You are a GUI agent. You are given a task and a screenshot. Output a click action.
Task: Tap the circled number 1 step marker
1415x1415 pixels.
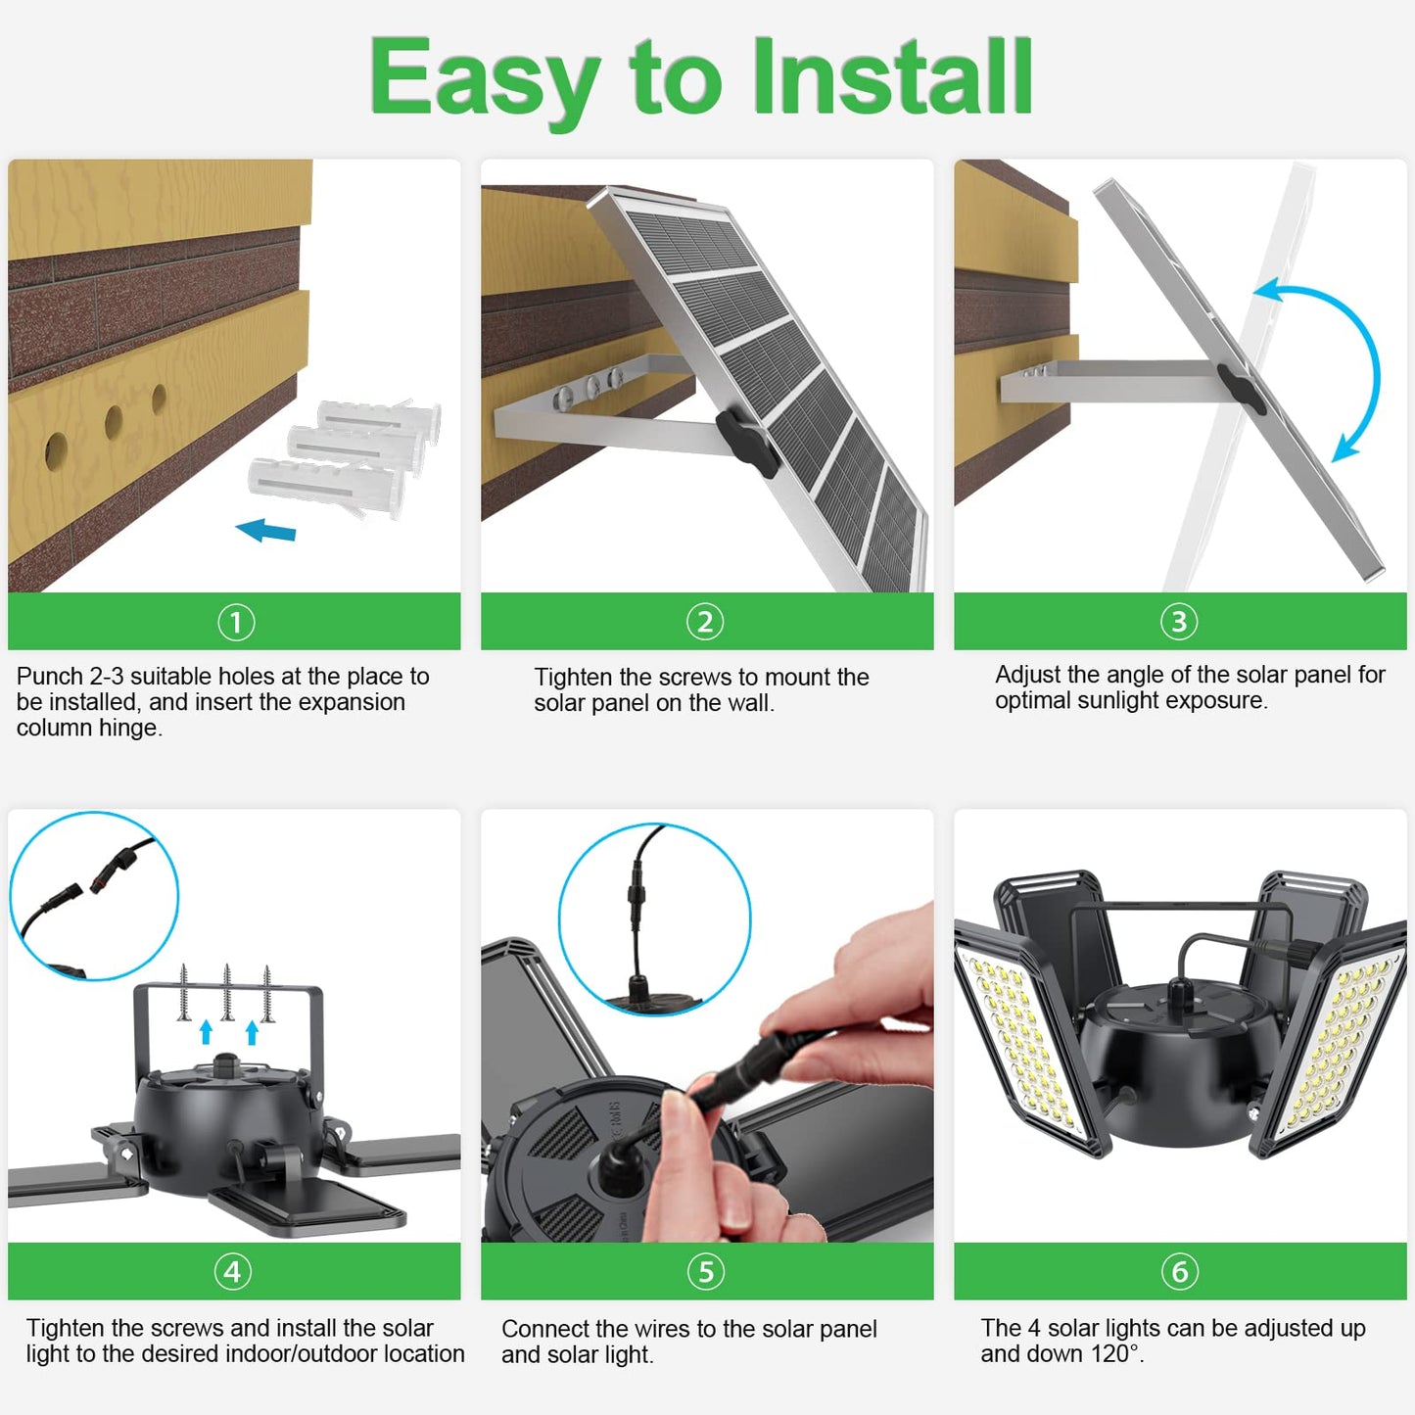click(x=235, y=622)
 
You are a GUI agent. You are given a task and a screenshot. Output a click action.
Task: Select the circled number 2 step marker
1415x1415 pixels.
click(x=705, y=622)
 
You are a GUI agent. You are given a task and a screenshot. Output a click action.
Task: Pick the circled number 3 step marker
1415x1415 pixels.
click(x=1179, y=622)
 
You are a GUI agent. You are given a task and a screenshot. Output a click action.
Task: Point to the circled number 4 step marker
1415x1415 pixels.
click(x=233, y=1271)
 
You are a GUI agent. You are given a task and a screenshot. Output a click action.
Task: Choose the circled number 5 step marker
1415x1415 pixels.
click(x=705, y=1271)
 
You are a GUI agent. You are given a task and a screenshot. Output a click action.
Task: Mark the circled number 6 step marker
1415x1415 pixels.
click(x=1179, y=1271)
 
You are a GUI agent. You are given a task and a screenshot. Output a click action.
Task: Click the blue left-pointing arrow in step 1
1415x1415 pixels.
click(x=266, y=531)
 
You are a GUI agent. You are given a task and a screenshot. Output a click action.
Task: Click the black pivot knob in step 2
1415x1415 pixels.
click(x=746, y=442)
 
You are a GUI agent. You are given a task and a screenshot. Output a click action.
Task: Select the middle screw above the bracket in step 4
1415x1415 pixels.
click(x=227, y=991)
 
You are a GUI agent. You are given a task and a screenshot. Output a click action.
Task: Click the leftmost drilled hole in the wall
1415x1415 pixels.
click(x=56, y=449)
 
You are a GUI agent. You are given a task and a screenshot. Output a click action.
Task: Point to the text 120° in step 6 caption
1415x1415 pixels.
click(x=1114, y=1354)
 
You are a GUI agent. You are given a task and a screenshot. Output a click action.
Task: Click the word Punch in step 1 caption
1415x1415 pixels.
click(x=50, y=677)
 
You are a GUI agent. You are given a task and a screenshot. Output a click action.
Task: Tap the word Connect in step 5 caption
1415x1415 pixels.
click(x=544, y=1329)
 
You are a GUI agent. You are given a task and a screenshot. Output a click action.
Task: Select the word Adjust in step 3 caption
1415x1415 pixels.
click(x=1027, y=675)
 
